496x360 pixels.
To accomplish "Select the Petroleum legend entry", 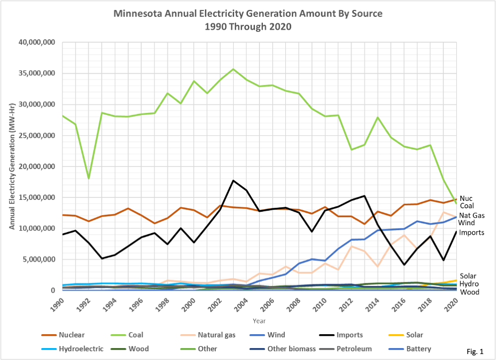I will tap(354, 349).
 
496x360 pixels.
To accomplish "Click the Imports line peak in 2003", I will tap(233, 180).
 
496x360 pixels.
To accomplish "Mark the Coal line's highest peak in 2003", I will tap(233, 69).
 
